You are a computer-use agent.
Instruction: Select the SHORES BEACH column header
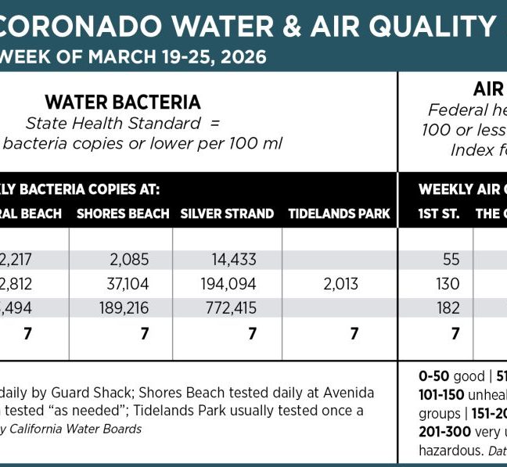[x=123, y=214]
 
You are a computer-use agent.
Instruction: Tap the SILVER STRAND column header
[x=227, y=214]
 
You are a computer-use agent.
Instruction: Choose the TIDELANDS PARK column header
[x=339, y=214]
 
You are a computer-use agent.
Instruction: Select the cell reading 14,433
[x=235, y=259]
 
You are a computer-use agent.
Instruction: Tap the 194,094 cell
[x=230, y=283]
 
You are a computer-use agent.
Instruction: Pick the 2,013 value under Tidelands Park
[x=340, y=283]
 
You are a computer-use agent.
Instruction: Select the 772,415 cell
[x=230, y=307]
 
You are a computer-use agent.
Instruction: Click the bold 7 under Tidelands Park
[x=354, y=334]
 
